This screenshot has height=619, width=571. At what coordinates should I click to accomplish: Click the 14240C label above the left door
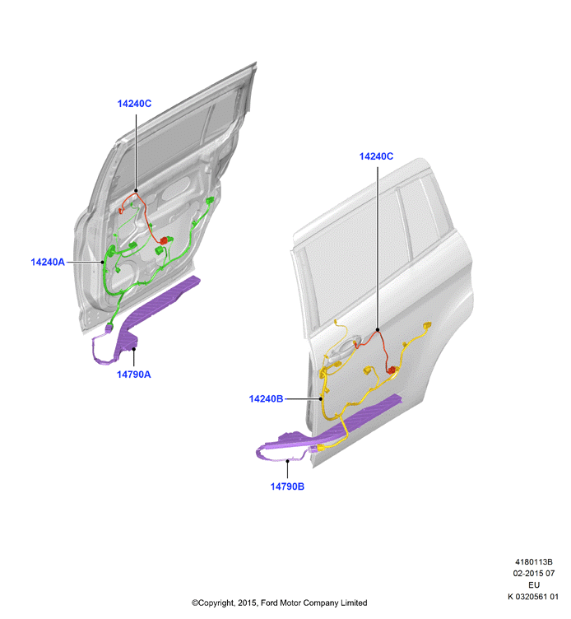[134, 104]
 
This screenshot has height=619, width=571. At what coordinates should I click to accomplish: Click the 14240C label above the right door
[376, 156]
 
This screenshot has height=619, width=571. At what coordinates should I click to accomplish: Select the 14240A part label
[48, 262]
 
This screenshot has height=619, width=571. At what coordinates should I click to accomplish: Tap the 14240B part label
[266, 398]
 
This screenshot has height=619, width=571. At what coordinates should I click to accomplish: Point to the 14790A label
[134, 375]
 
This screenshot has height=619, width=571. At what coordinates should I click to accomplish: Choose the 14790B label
[287, 486]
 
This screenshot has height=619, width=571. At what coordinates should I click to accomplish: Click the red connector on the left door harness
[165, 240]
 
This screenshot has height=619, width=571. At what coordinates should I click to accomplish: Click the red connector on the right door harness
[391, 370]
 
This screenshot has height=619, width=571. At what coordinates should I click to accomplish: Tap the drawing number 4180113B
[533, 561]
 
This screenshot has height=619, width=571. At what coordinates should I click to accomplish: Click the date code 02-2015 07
[533, 573]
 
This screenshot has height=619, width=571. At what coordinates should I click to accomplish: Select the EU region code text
[533, 584]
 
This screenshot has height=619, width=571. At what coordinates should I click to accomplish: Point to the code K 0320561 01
[533, 597]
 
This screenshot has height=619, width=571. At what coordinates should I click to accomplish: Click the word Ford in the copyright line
[269, 603]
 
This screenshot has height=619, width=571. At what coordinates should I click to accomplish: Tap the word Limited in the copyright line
[354, 603]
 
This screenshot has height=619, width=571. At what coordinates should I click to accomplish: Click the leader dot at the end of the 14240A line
[103, 262]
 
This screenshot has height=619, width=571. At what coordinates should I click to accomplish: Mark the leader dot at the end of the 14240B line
[321, 398]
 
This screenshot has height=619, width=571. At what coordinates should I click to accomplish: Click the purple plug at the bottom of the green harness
[109, 327]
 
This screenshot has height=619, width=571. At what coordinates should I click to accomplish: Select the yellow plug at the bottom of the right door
[320, 448]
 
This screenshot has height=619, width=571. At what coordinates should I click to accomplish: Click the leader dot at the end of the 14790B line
[288, 461]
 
